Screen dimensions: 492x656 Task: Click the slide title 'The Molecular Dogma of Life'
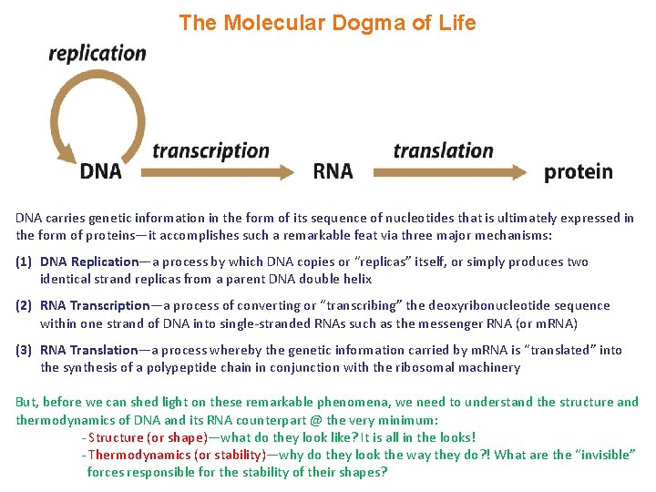pyautogui.click(x=327, y=23)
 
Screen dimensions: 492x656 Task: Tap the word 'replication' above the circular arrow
pyautogui.click(x=97, y=53)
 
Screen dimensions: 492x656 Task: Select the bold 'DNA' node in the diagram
pyautogui.click(x=100, y=171)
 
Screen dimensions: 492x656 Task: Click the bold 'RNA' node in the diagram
pyautogui.click(x=333, y=171)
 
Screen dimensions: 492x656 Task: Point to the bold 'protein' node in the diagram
pyautogui.click(x=578, y=171)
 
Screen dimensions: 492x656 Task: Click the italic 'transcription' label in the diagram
pyautogui.click(x=210, y=150)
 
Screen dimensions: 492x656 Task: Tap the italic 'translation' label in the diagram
pyautogui.click(x=443, y=150)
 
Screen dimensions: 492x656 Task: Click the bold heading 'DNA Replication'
pyautogui.click(x=89, y=262)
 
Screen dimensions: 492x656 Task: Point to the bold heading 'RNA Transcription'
pyautogui.click(x=95, y=306)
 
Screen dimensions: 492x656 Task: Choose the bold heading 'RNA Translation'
pyautogui.click(x=89, y=350)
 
